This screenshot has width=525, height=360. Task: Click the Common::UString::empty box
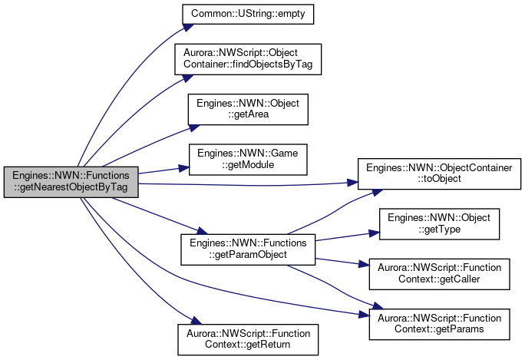[248, 14]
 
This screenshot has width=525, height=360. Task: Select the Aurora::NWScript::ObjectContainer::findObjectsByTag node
[248, 59]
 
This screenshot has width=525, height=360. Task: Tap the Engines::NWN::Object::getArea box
[248, 109]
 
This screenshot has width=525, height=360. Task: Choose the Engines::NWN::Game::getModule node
[248, 160]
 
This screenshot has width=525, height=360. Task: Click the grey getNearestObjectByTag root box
[71, 182]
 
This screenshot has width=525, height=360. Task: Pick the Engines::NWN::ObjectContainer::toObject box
[439, 173]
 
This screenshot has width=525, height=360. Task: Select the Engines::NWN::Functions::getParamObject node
[248, 249]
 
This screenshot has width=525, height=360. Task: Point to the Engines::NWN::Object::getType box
[439, 224]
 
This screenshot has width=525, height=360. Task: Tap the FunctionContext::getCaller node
[439, 274]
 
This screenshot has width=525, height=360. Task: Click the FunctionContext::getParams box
[439, 324]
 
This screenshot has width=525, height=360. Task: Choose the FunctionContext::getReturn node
[248, 339]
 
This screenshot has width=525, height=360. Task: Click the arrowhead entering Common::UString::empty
[188, 28]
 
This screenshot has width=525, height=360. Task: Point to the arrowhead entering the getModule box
[183, 168]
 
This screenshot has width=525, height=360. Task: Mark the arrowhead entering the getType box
[375, 233]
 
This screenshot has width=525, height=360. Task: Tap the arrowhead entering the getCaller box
[364, 264]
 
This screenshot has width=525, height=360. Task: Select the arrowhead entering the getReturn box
[196, 321]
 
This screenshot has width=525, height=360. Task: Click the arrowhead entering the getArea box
[194, 128]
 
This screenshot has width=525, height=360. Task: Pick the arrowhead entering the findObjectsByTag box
[188, 78]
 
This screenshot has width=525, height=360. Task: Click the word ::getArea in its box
[248, 114]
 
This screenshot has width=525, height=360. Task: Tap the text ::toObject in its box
[439, 179]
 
